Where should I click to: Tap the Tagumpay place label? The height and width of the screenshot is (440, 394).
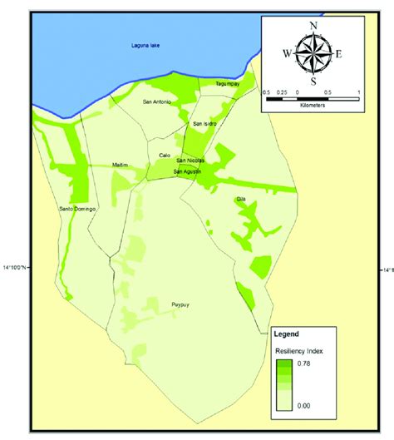tap(228, 83)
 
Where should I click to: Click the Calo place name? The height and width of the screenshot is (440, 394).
tap(165, 155)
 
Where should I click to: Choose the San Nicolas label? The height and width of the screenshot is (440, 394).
tap(190, 161)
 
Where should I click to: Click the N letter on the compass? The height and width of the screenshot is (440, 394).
tap(313, 25)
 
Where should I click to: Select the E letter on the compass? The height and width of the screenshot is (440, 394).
tap(339, 54)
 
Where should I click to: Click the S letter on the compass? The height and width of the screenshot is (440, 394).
tap(313, 82)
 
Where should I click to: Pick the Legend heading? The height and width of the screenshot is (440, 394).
tap(288, 335)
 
